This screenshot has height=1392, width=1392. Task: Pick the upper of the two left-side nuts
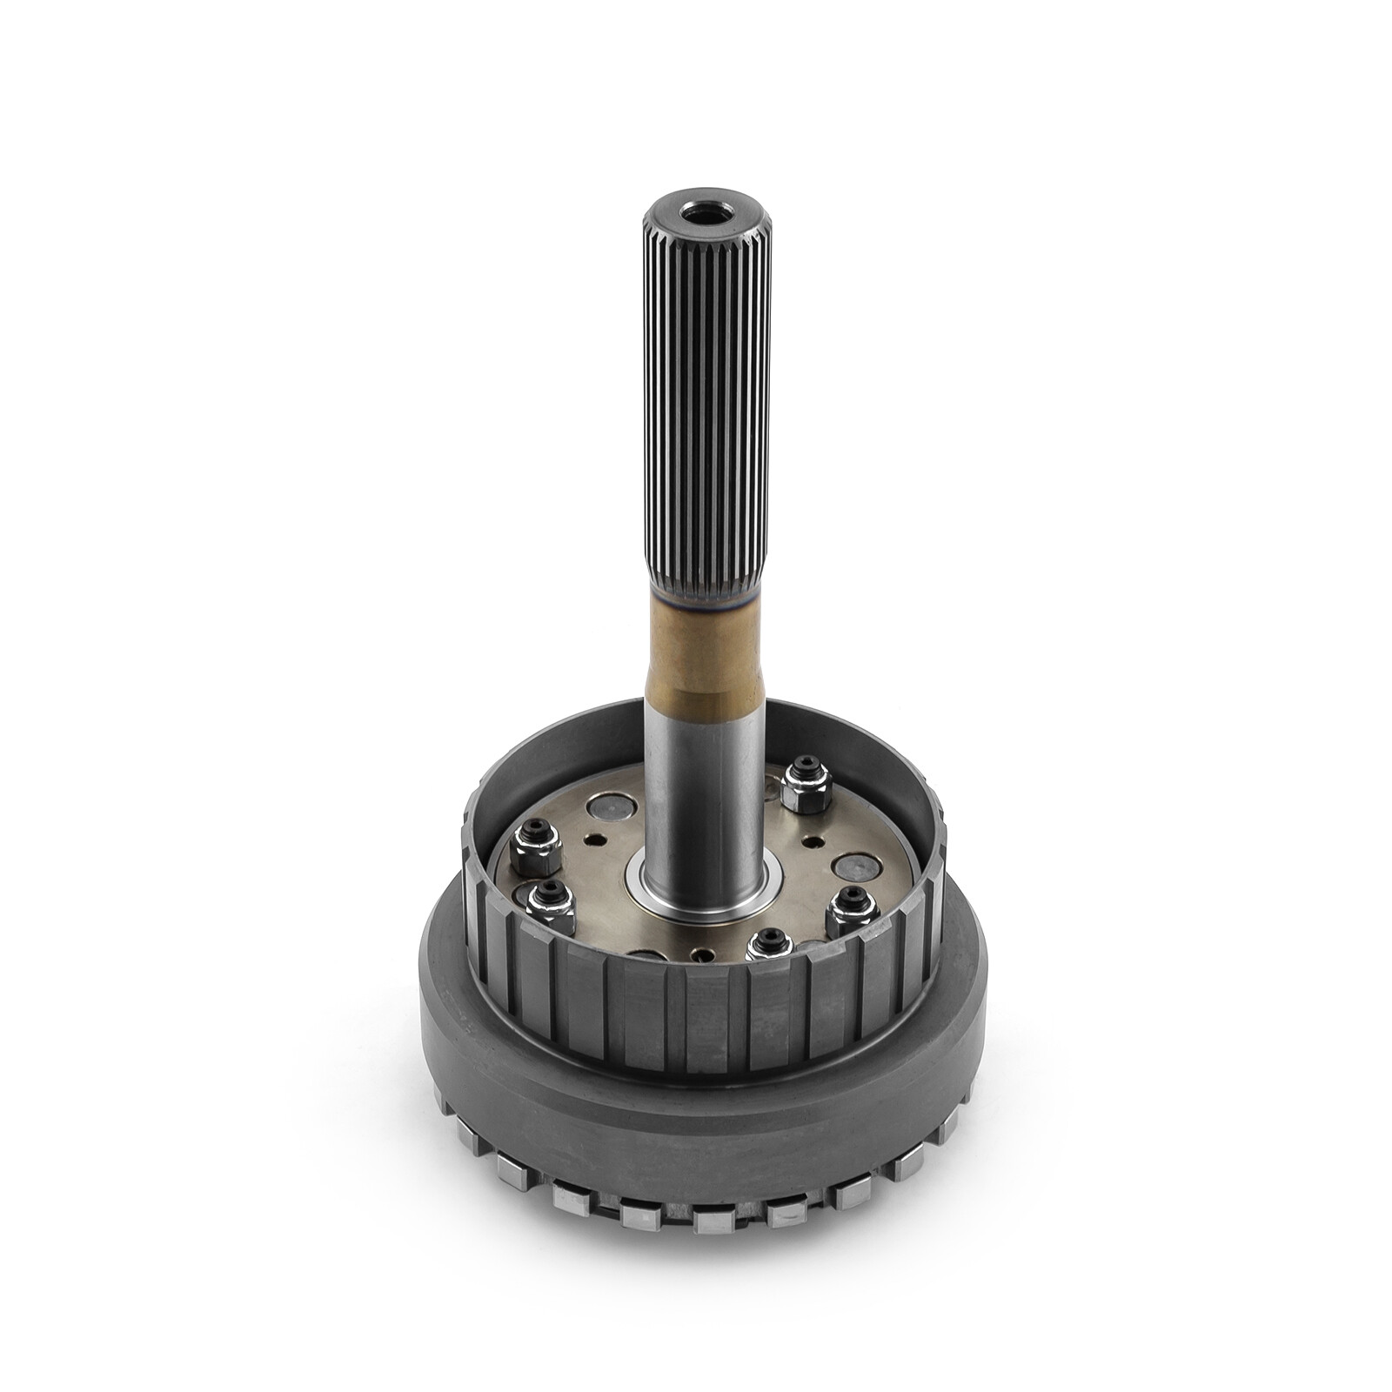[x=535, y=848]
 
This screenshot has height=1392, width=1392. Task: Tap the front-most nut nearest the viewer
[x=770, y=947]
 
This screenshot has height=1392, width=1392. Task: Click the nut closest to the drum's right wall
[x=851, y=908]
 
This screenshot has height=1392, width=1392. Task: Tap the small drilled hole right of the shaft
[x=813, y=842]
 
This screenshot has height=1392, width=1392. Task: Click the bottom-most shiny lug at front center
[x=715, y=1221]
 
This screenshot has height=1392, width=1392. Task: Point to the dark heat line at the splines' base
[x=705, y=596]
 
